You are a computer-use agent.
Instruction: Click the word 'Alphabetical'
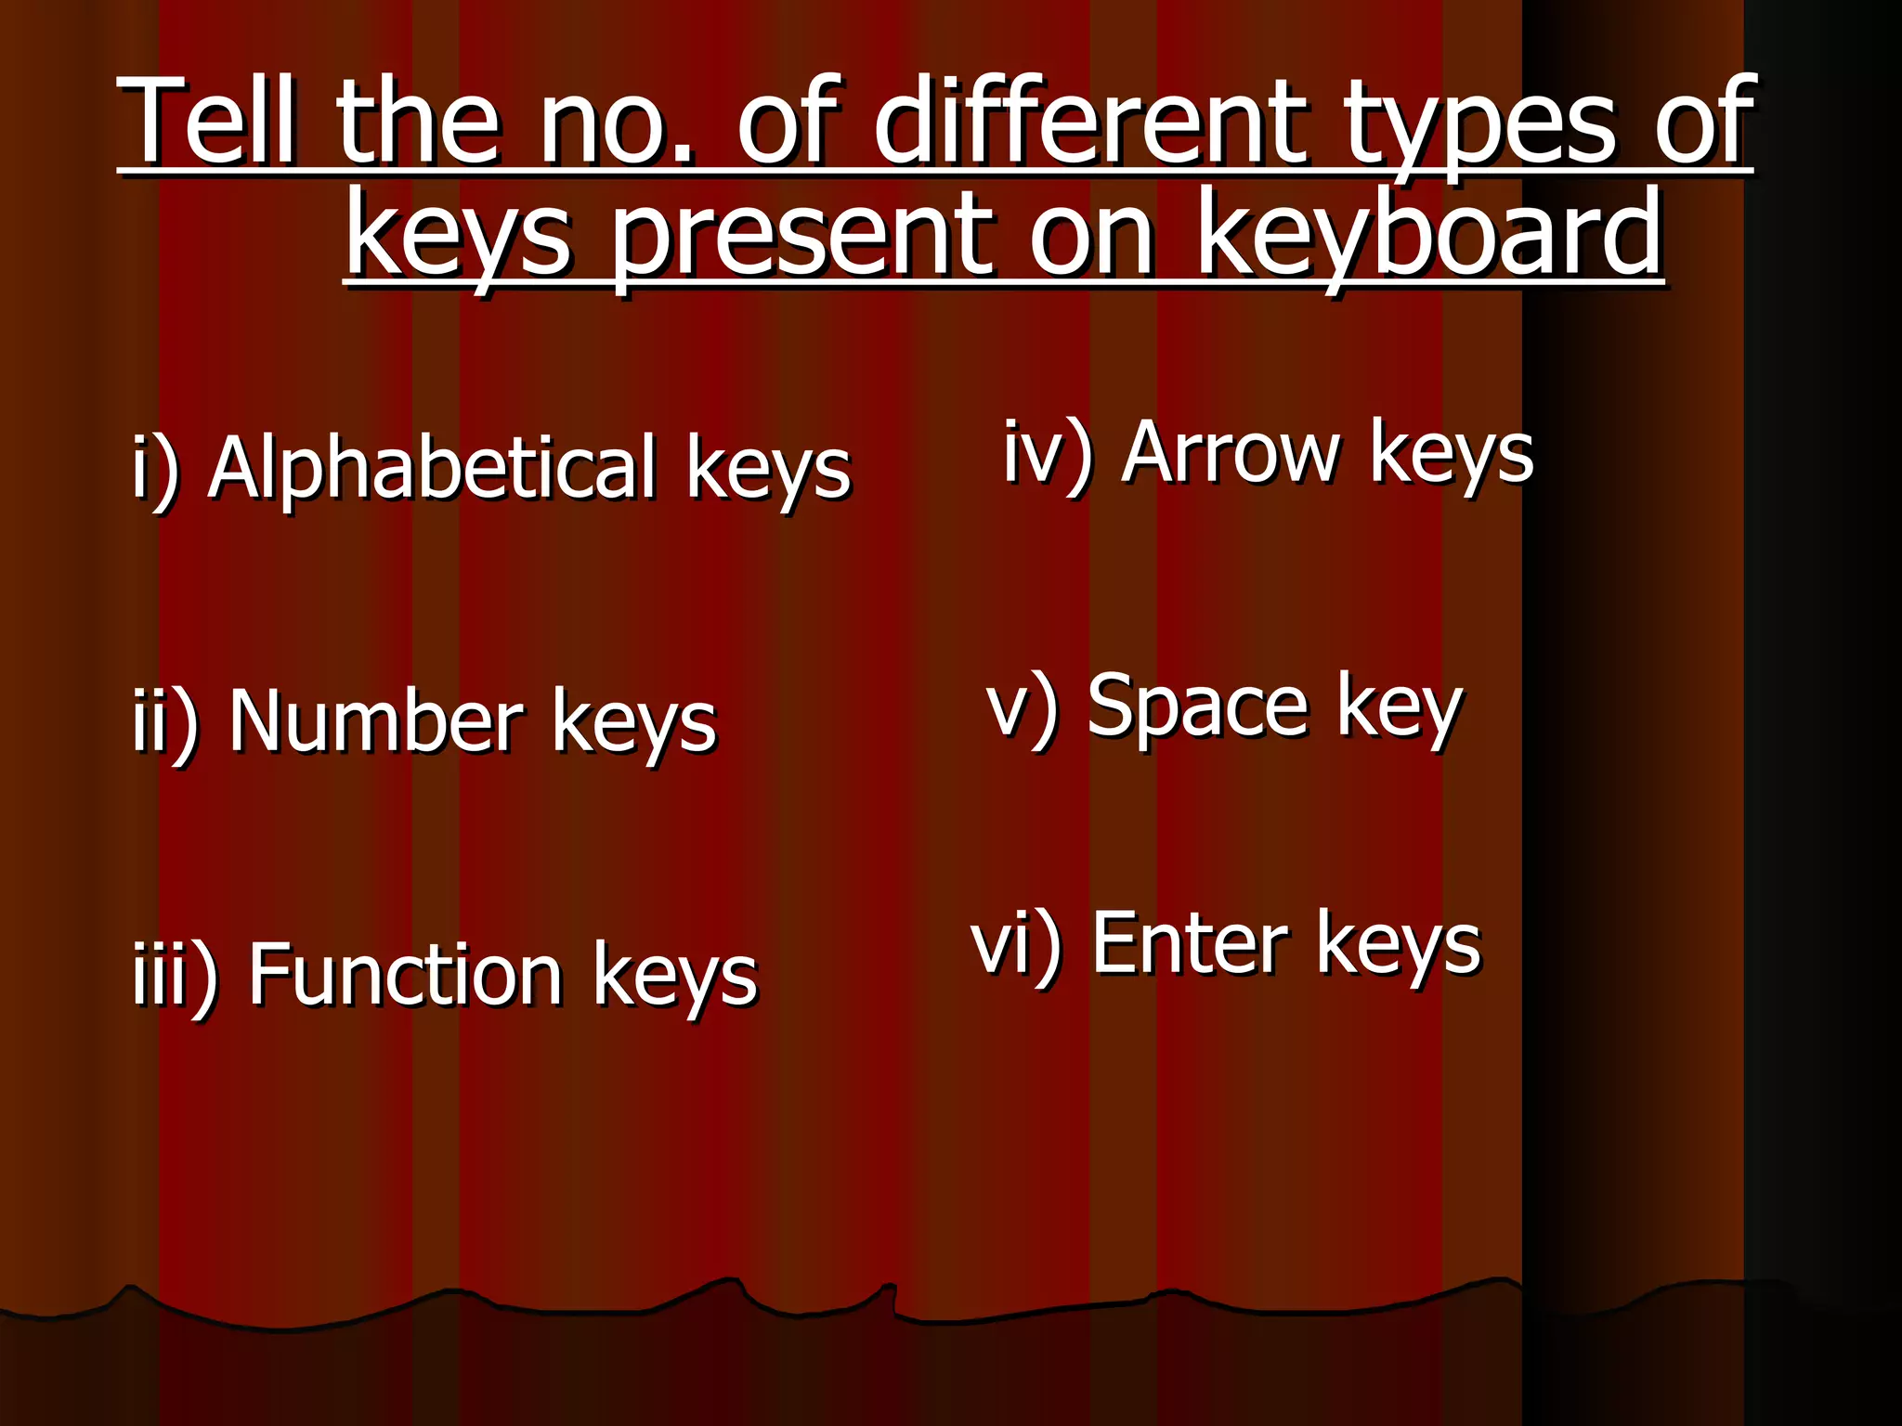(x=433, y=466)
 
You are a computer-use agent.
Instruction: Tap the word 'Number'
(x=376, y=720)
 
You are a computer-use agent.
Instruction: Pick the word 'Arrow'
(x=1231, y=452)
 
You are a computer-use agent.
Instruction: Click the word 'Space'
(x=1197, y=706)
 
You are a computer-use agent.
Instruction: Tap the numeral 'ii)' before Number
(x=165, y=722)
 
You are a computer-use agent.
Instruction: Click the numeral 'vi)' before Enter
(x=1016, y=946)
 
